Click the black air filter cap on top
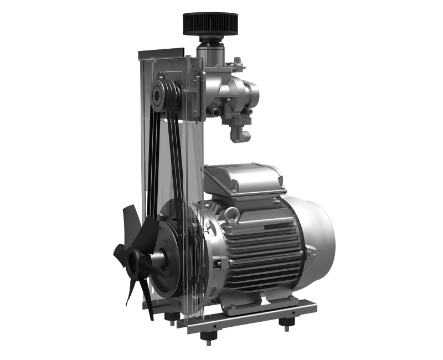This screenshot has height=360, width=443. (x=210, y=24)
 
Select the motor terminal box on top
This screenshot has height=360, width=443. (x=244, y=180)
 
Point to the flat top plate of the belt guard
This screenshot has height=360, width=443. (x=161, y=54)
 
